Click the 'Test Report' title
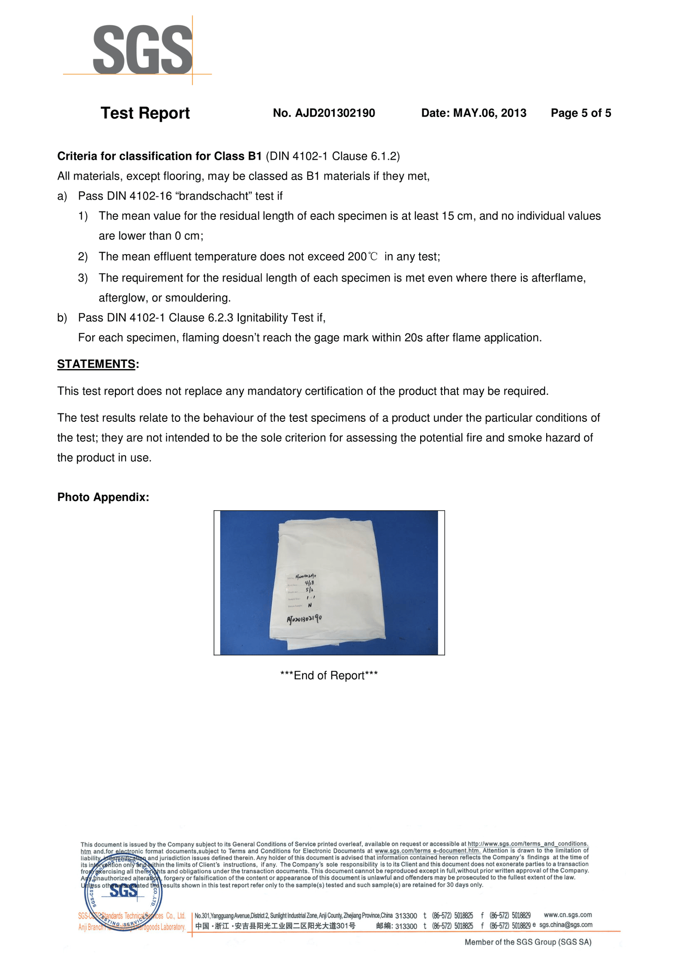pos(145,113)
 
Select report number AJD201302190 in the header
pos(324,113)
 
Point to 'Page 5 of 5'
pos(581,113)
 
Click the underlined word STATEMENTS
pos(96,364)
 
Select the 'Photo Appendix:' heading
pos(103,497)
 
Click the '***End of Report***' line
pos(329,676)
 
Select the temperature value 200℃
pos(363,257)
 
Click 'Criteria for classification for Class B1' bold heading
pos(159,156)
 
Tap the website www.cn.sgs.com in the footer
pos(567,915)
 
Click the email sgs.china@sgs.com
pos(566,925)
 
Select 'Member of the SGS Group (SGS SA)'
pos(528,942)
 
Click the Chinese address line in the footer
pos(275,926)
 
